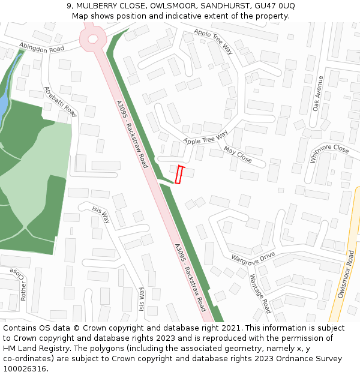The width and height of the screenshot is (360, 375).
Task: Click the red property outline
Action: tap(178, 175)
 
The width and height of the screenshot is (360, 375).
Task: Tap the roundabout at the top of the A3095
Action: tap(93, 38)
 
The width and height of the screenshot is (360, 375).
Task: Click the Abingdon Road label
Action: tap(41, 47)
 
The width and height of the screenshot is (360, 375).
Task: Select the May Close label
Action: tap(238, 154)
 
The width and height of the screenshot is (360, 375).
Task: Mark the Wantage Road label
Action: tap(260, 293)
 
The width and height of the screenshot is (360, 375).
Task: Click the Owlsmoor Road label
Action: tap(346, 274)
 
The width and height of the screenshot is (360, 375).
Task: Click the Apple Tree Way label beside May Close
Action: tap(206, 137)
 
